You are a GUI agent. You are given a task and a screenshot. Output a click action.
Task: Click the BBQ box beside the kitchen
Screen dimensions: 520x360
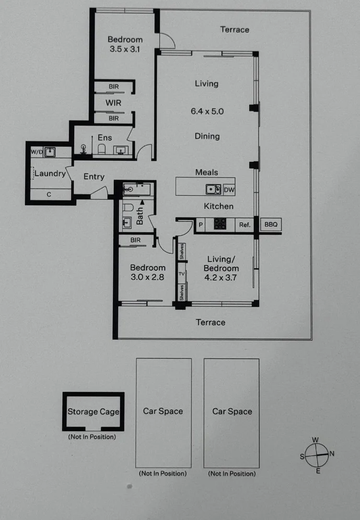[270, 225]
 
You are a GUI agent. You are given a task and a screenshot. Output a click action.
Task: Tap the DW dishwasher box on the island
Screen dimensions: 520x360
[229, 190]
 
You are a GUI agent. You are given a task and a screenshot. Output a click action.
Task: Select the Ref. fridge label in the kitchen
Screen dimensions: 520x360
[245, 225]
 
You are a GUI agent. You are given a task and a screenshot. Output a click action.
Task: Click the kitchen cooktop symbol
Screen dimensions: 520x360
[220, 224]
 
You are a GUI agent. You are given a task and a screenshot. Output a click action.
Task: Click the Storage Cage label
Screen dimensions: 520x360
[93, 411]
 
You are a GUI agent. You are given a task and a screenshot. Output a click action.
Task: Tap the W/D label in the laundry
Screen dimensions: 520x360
[36, 152]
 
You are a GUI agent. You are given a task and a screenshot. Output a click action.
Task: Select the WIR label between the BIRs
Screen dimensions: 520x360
[113, 103]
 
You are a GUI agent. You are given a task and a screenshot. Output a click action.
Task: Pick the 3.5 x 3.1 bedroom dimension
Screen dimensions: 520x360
[125, 50]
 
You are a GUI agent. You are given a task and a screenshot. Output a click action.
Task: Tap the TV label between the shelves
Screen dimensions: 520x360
[181, 274]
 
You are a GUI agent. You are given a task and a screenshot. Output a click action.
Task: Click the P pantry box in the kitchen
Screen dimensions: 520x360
[200, 225]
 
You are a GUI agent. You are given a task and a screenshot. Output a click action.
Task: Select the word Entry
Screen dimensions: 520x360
[94, 176]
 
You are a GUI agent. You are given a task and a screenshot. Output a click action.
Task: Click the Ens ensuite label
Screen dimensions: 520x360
[104, 138]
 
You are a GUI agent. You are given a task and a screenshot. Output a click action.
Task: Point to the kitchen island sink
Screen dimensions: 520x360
[213, 189]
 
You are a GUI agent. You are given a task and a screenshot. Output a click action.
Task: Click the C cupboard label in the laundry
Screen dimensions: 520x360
[49, 195]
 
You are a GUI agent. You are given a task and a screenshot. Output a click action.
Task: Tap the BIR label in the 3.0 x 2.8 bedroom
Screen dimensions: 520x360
[135, 240]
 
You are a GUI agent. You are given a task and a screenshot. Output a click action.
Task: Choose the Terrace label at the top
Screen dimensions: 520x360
[235, 30]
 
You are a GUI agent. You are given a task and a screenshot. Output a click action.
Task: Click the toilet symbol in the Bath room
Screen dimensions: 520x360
[127, 208]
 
